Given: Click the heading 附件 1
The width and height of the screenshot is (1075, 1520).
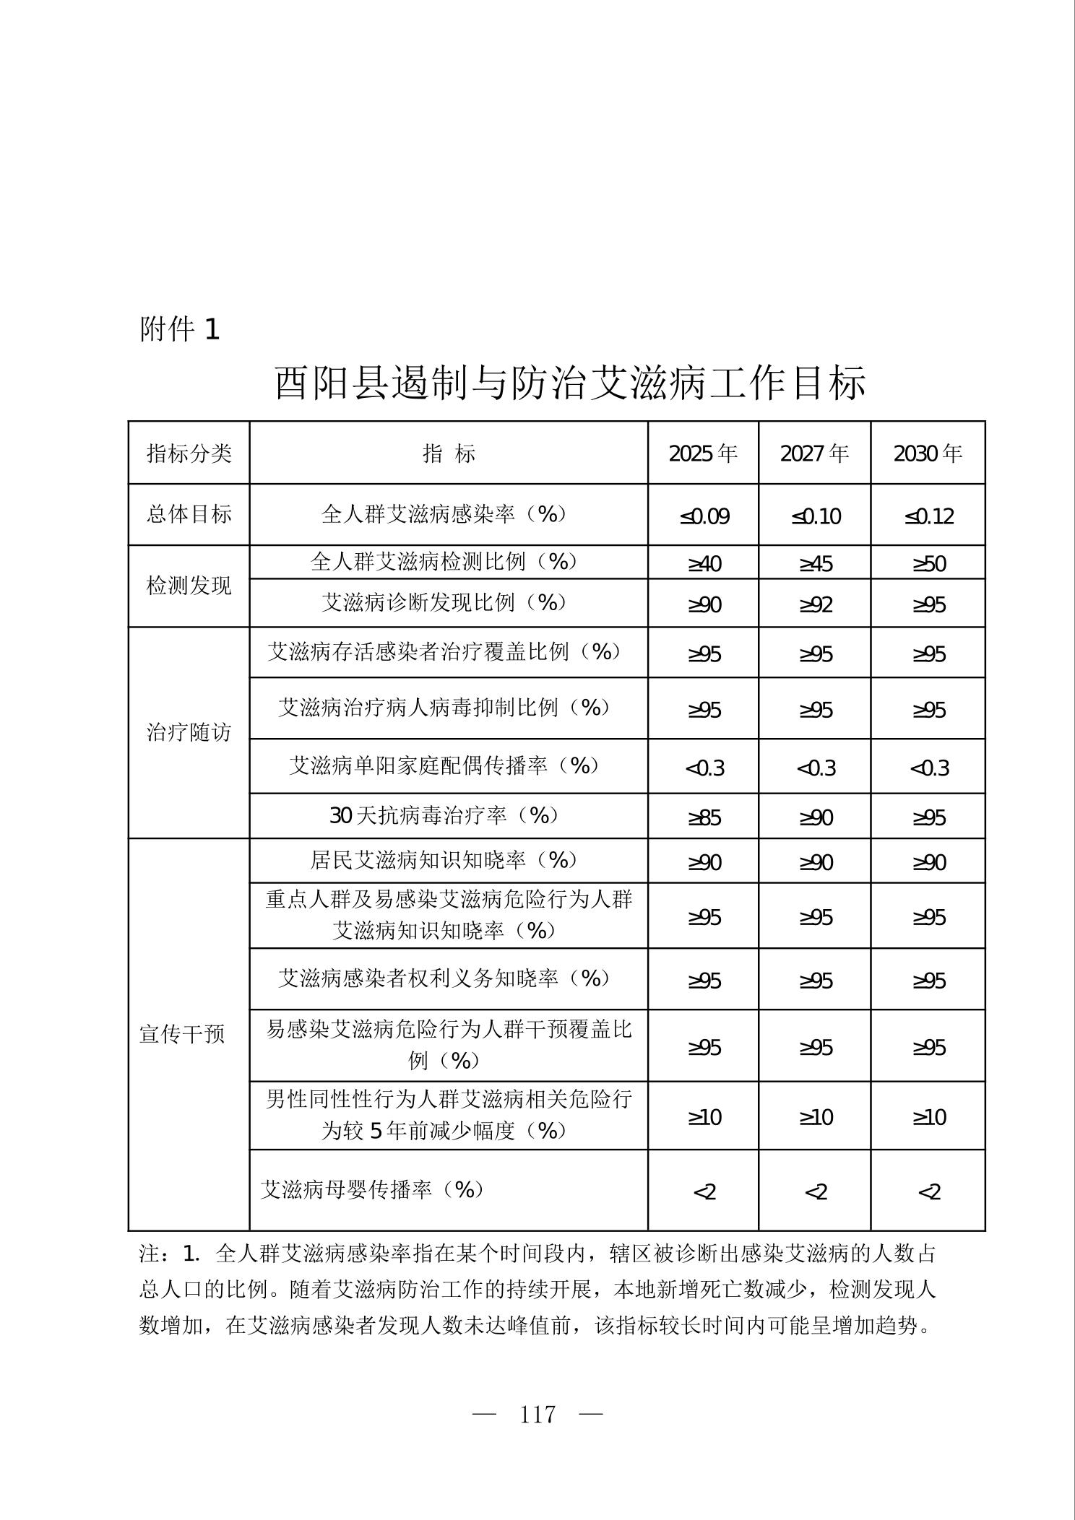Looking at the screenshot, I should [179, 330].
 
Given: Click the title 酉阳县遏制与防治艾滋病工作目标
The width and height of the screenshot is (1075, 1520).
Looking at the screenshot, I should [569, 383].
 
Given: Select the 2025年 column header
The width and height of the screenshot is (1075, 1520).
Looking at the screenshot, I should [703, 453].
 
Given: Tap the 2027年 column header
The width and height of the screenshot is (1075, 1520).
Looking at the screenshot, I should [814, 453].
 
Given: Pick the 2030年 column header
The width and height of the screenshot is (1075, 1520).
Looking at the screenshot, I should [928, 453].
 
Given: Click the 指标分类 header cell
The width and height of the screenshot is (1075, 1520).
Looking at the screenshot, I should [189, 453].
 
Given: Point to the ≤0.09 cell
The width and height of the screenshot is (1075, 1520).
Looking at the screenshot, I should [704, 516].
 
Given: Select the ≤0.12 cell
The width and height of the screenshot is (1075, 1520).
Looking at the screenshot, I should [928, 516].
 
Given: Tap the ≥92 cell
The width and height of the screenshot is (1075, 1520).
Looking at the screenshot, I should [815, 604].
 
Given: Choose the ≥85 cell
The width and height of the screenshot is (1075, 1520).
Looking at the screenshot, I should [704, 817].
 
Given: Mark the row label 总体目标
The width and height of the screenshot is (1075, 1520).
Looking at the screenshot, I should [189, 514].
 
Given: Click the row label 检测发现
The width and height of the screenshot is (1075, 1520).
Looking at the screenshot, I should [189, 586].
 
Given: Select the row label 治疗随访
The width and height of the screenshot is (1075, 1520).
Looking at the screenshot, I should [189, 732].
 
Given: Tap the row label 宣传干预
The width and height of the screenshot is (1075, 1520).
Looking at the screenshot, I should [182, 1034].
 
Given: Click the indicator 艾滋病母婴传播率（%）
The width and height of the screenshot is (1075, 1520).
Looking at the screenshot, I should [371, 1189].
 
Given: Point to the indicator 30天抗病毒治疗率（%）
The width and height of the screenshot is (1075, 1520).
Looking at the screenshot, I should [445, 815].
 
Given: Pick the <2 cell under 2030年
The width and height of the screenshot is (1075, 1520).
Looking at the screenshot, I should [928, 1191].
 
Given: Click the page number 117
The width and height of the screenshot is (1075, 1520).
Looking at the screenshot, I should [537, 1414].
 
